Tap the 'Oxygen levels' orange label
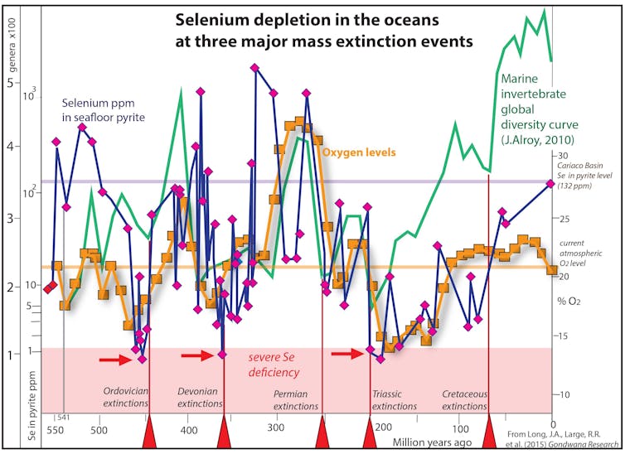click(358, 152)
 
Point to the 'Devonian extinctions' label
click(201, 398)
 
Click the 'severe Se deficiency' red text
click(274, 365)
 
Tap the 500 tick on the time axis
click(99, 431)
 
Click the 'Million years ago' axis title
click(432, 442)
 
